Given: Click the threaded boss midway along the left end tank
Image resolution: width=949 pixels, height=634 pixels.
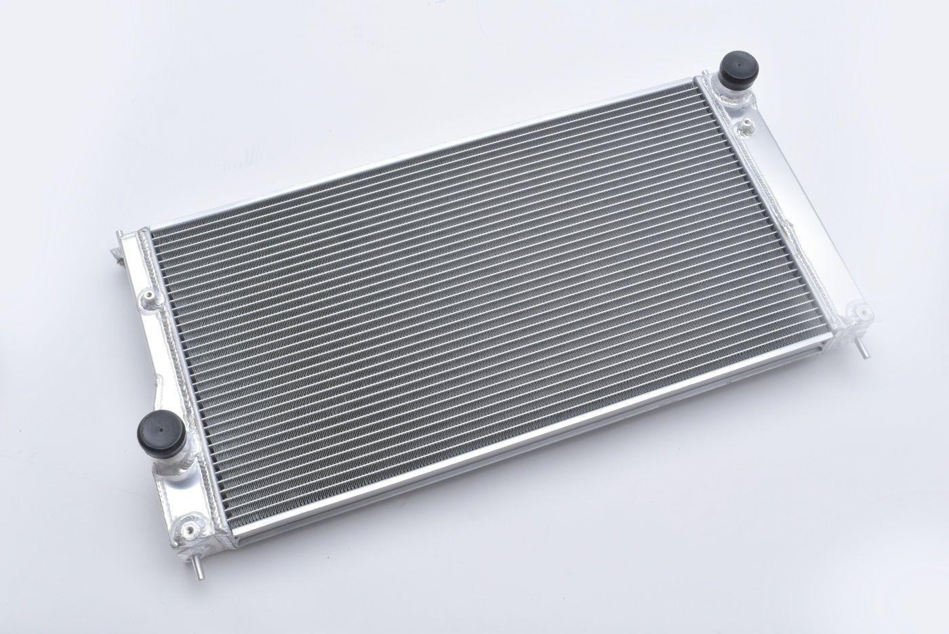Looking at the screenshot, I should pos(147,299).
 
